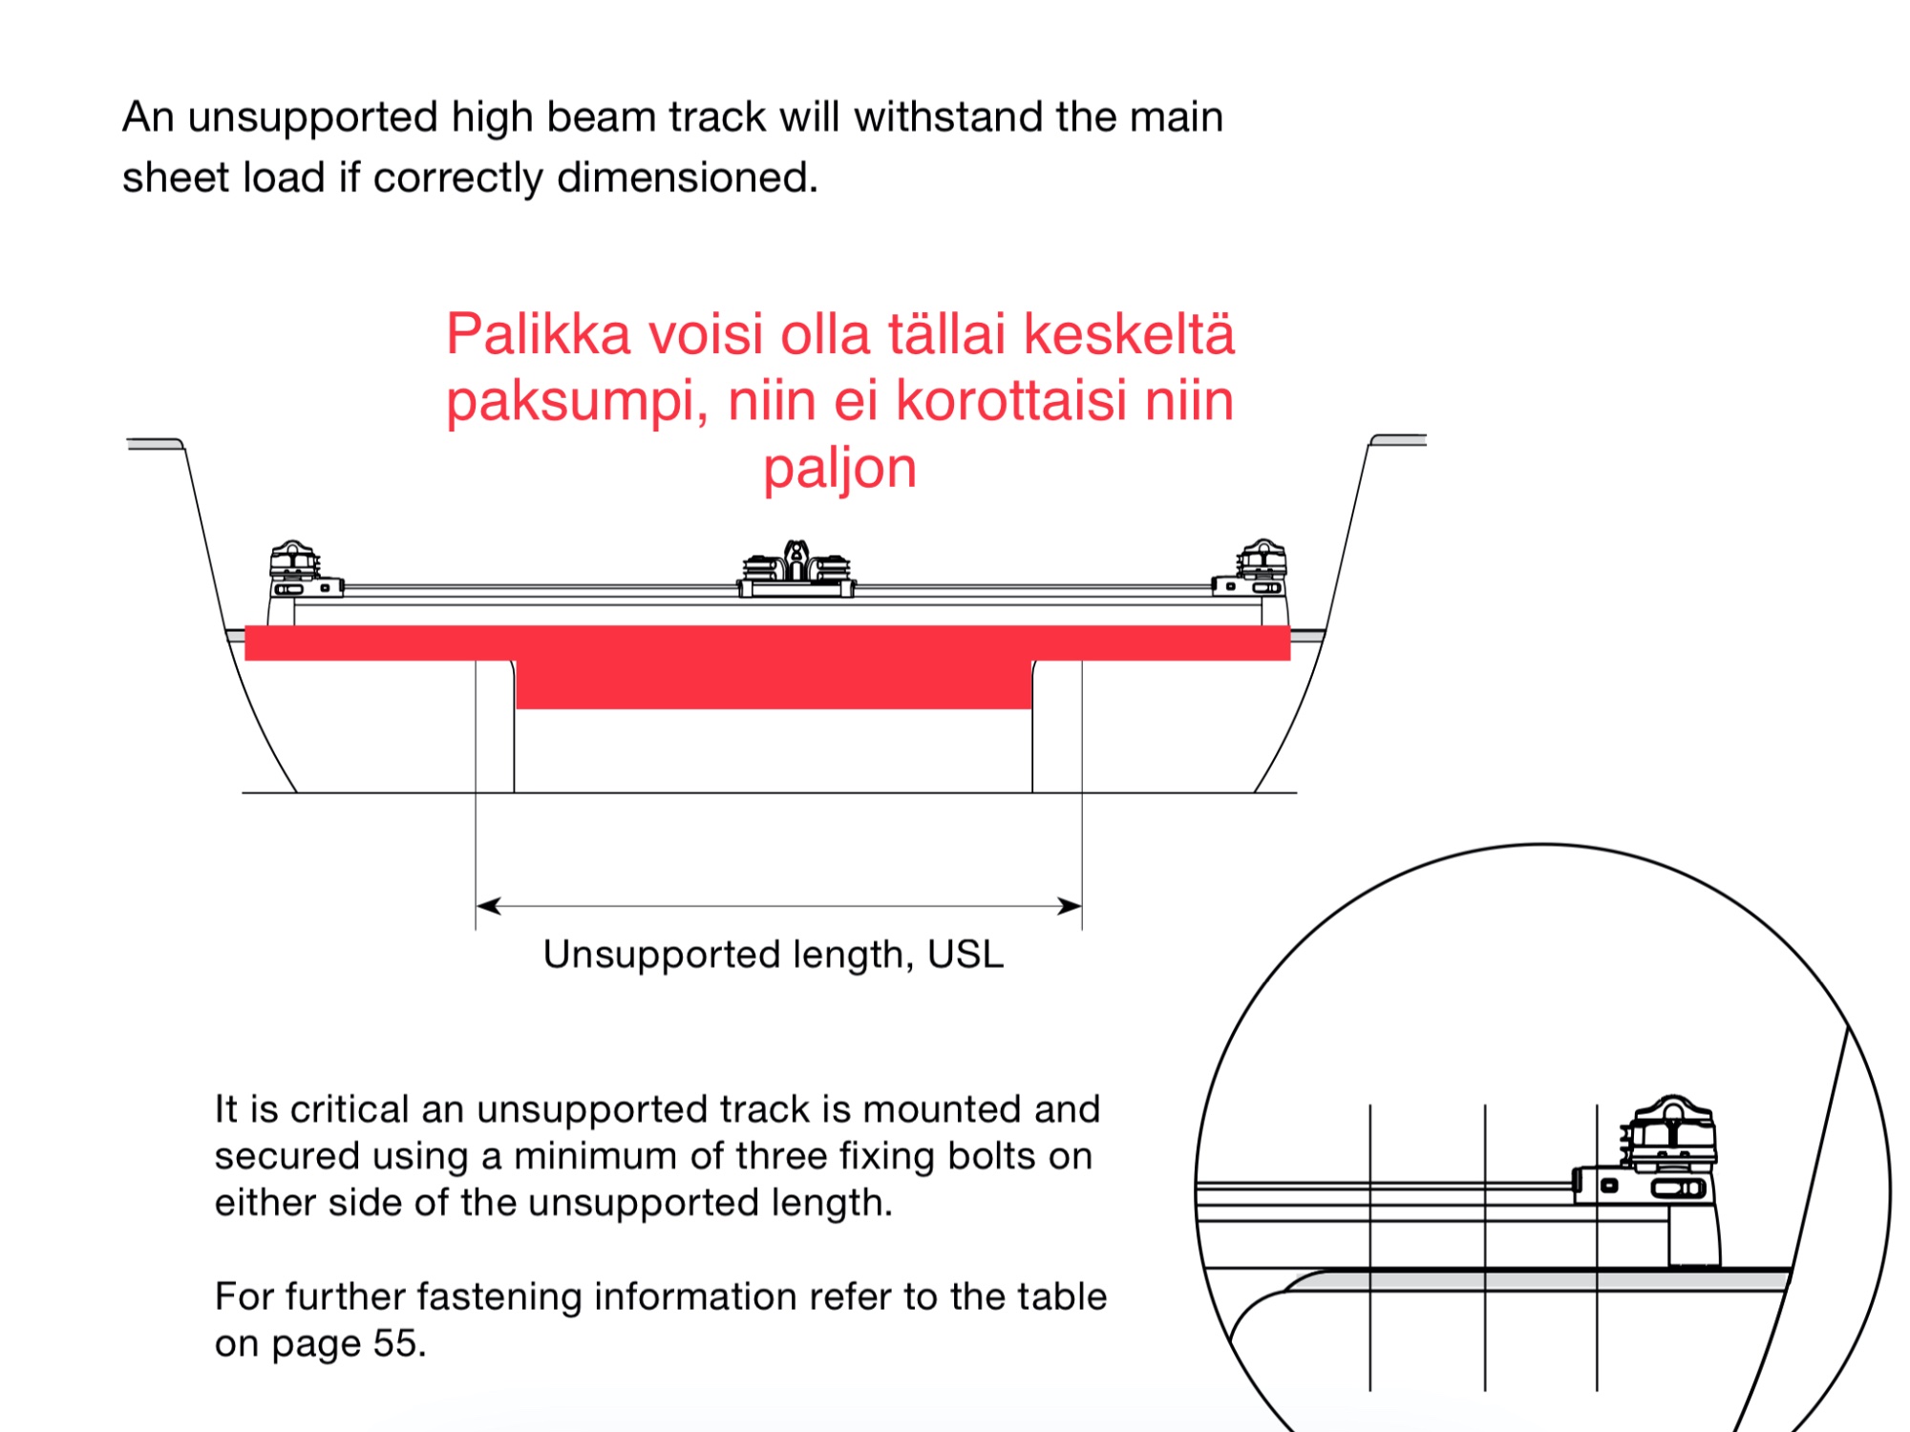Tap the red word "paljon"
[x=839, y=470]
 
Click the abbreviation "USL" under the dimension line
[x=966, y=955]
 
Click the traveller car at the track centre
[x=796, y=570]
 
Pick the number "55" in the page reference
[x=395, y=1344]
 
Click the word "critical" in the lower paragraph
[x=350, y=1110]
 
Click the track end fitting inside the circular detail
[x=1657, y=1160]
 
